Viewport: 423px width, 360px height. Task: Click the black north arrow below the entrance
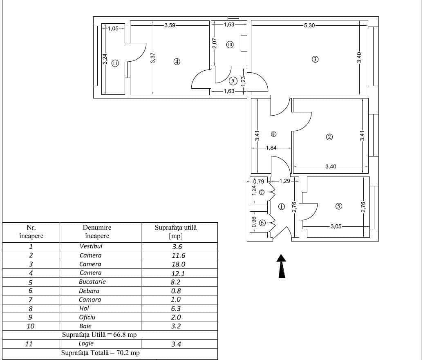point(282,266)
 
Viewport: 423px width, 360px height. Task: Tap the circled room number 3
point(315,59)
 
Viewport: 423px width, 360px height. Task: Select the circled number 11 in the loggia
point(115,63)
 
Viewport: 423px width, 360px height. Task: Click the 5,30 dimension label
point(309,25)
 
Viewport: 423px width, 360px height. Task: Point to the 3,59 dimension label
point(170,25)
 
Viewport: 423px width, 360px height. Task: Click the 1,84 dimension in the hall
point(272,148)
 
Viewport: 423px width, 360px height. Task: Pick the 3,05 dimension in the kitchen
point(336,226)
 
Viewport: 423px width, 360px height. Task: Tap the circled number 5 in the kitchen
point(338,206)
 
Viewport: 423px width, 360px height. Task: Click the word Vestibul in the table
point(91,246)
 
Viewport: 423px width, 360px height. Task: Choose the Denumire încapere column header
point(97,232)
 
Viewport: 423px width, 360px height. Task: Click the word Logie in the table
point(86,344)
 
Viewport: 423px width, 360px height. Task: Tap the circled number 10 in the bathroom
point(230,45)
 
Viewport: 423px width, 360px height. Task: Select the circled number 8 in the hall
point(274,134)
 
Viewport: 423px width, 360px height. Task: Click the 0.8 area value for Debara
point(177,291)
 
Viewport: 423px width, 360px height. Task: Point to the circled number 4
point(177,62)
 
